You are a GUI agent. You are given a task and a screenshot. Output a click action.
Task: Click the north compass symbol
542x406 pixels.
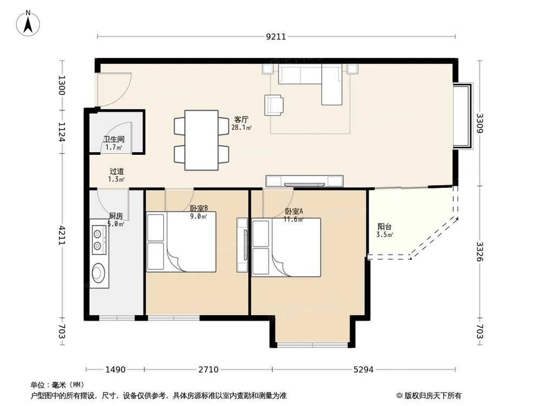click(28, 23)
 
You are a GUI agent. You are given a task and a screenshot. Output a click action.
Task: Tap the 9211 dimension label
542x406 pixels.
click(276, 37)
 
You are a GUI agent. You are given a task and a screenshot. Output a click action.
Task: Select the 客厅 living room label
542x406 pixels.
click(241, 120)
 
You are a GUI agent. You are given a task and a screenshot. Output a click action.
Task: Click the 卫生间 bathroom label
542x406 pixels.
click(114, 140)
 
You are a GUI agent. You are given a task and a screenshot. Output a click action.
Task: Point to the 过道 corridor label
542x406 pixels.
click(117, 171)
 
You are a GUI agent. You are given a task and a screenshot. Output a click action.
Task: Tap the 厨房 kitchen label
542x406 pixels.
click(116, 216)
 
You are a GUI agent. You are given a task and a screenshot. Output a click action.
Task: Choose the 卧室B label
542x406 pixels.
click(199, 208)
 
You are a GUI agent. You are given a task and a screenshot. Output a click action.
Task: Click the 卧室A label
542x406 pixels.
click(294, 211)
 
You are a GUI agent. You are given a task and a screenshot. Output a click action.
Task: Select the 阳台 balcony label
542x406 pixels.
click(384, 227)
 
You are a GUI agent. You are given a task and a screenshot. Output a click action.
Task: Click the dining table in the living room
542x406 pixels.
click(202, 140)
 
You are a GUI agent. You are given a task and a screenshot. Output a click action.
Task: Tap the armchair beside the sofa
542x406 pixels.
click(274, 105)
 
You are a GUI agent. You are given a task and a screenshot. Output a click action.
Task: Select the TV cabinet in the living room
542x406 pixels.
click(305, 181)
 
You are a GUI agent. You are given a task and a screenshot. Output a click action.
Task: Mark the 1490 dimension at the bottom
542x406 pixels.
click(115, 370)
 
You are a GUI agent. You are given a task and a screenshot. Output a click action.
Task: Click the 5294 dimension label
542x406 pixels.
click(364, 370)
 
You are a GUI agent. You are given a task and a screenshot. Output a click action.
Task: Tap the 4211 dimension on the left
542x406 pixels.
click(62, 235)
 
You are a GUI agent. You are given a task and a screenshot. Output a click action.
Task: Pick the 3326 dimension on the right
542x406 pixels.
click(480, 251)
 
